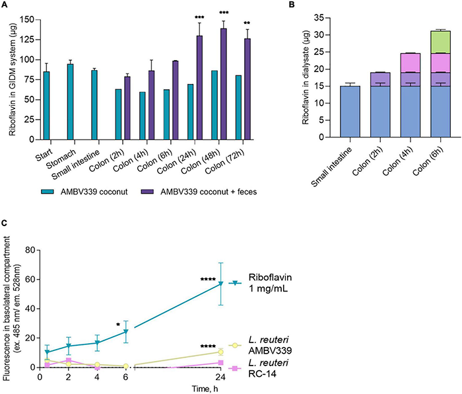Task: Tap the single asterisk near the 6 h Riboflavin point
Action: (117, 325)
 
